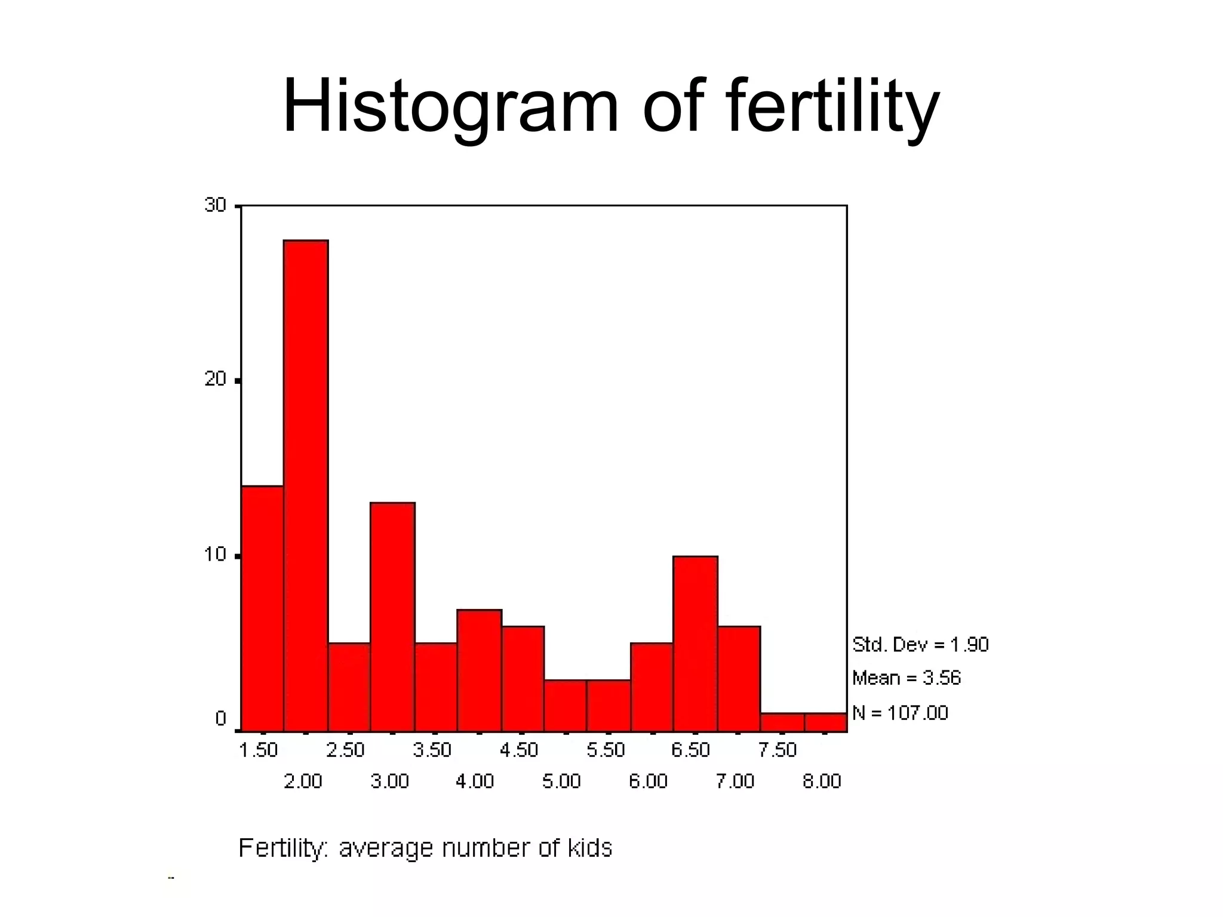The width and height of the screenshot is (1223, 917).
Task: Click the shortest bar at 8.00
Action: click(x=825, y=722)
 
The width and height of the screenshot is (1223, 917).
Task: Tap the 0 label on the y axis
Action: click(x=221, y=719)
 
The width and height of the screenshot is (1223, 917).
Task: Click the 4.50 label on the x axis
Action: click(x=519, y=750)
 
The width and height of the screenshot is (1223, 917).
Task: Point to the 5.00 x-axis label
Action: click(x=561, y=781)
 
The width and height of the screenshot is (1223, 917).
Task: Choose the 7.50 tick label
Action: click(x=778, y=750)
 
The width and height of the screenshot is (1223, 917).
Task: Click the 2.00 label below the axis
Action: click(x=303, y=781)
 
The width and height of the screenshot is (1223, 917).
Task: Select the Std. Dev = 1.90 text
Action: click(x=920, y=645)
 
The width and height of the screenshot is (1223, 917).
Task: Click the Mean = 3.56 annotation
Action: click(x=906, y=678)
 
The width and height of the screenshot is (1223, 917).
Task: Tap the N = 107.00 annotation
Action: click(x=899, y=713)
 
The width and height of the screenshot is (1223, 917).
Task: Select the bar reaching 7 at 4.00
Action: click(x=479, y=670)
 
